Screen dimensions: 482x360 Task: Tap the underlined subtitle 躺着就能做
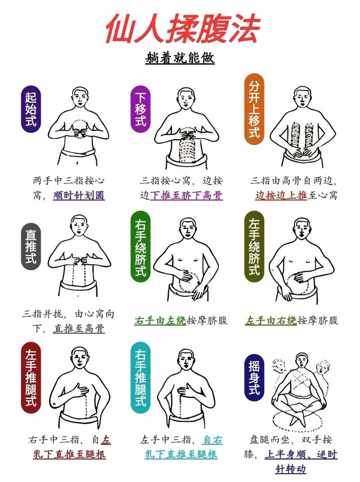[180, 58]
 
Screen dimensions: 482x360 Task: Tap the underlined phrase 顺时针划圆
[79, 196]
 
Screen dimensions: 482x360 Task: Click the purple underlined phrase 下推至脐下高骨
[186, 196]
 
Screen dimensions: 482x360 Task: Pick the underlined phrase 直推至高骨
[79, 329]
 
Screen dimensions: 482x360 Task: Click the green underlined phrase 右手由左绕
[160, 321]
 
